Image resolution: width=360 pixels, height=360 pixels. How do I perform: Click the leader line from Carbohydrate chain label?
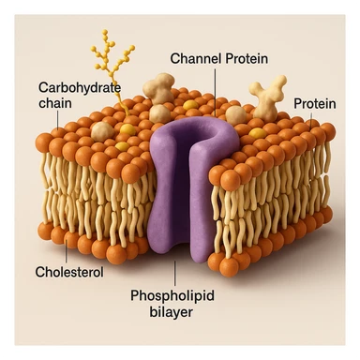[61, 116]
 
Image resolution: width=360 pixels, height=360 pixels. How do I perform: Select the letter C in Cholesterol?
[39, 272]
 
